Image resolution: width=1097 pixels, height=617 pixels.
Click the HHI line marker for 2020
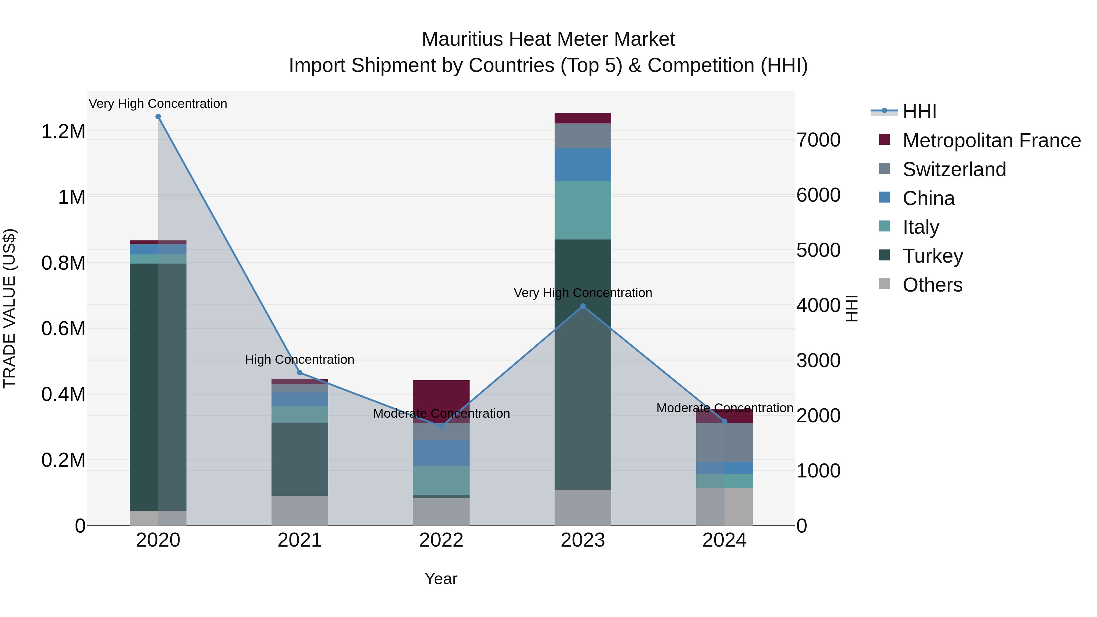point(158,117)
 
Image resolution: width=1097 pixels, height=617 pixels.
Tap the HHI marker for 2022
point(441,426)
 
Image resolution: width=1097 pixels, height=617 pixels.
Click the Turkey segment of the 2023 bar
point(583,364)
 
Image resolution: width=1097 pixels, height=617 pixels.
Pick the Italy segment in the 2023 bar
point(583,210)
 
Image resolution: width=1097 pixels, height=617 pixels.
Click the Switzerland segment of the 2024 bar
point(724,442)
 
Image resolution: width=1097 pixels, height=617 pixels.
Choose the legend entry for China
point(928,198)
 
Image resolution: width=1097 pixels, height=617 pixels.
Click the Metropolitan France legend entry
point(991,140)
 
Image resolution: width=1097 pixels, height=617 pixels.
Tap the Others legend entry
point(932,285)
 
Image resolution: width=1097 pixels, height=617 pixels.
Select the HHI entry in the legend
point(919,112)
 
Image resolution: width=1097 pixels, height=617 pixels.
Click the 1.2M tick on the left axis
point(63,132)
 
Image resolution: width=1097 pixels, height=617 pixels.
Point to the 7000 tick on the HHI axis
point(818,140)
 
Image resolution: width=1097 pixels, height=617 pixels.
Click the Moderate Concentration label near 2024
point(724,408)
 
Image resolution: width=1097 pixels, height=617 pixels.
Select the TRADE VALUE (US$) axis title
point(9,308)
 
